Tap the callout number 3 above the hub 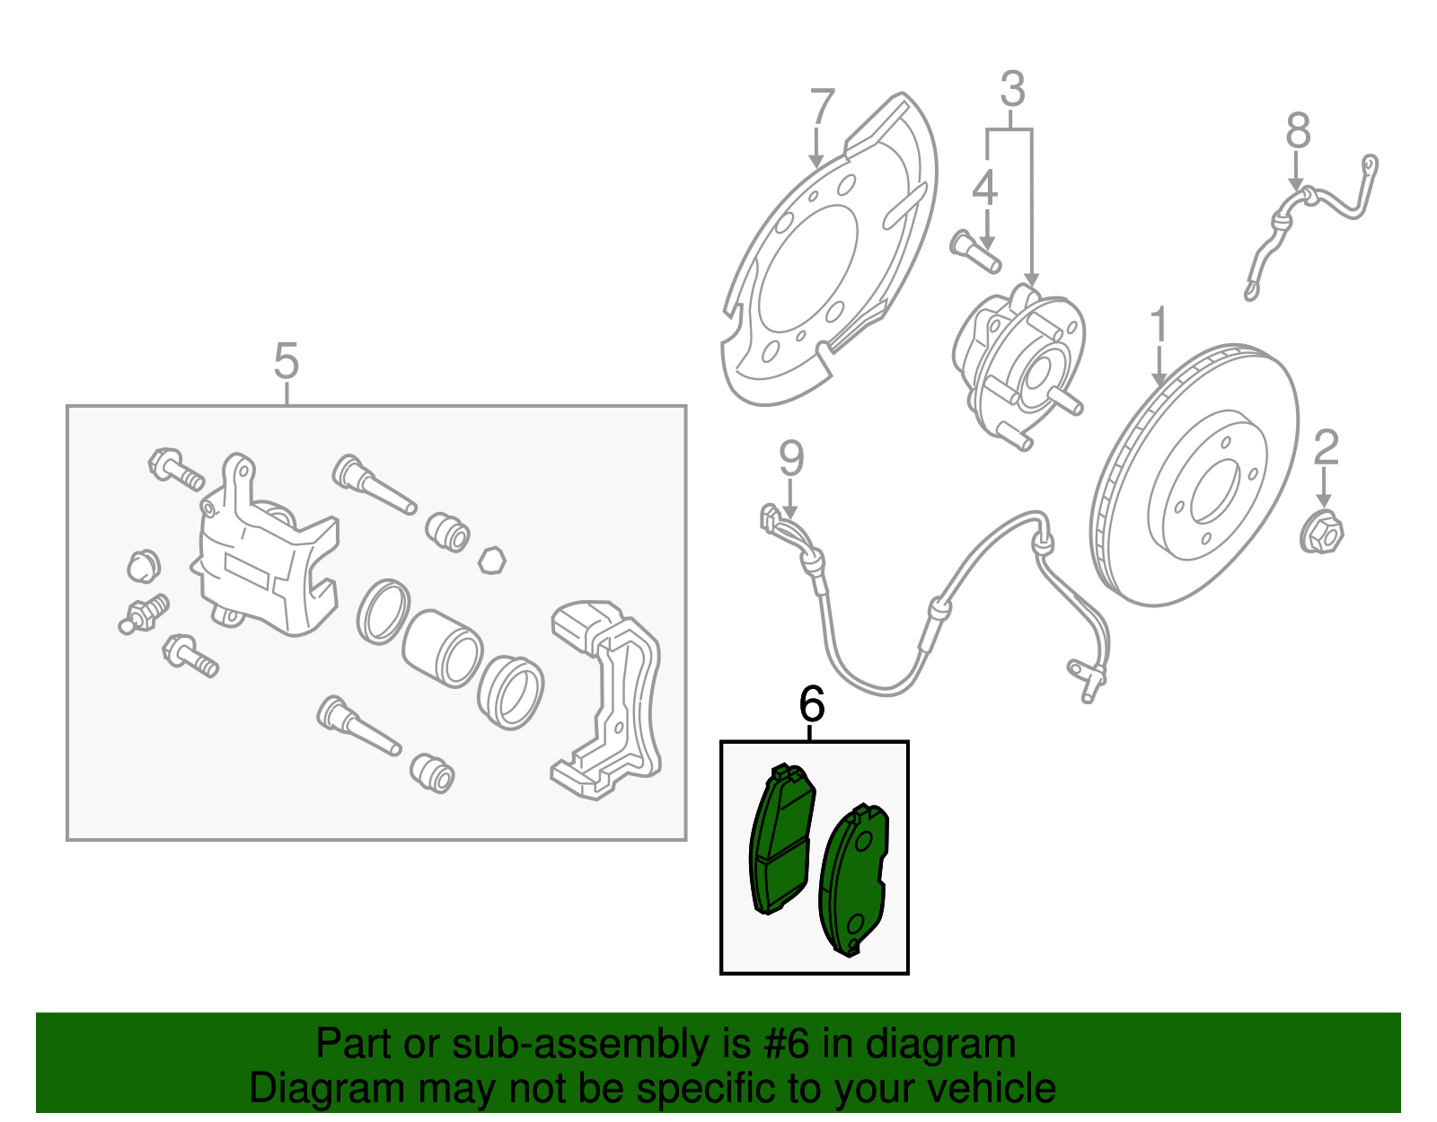point(1012,90)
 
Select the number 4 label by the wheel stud point(985,188)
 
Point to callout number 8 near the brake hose point(1298,131)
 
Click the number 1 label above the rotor point(1159,325)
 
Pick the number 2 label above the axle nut point(1327,447)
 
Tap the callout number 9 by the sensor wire point(790,459)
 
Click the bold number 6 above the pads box point(811,704)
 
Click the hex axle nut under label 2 point(1321,533)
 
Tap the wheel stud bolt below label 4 point(974,252)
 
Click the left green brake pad point(780,840)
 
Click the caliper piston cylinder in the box point(440,648)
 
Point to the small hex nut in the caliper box point(491,560)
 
